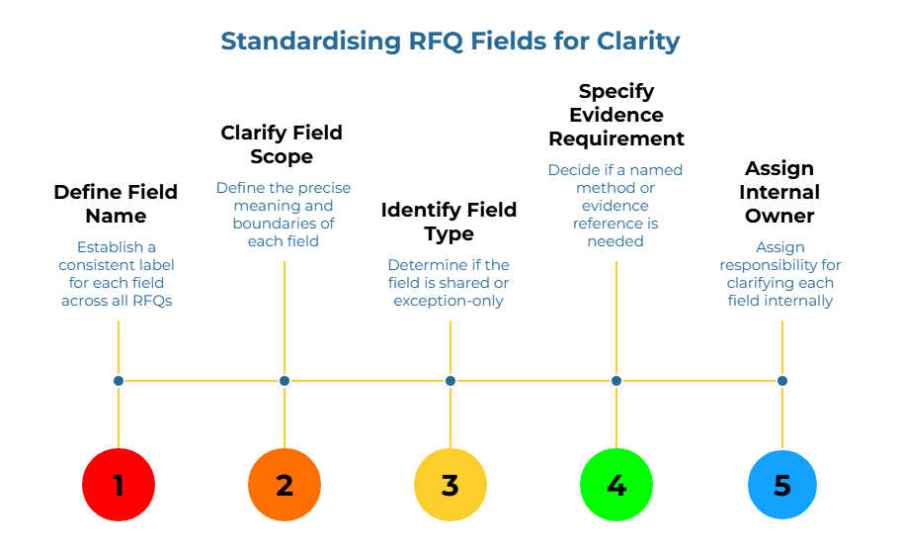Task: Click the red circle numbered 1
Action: (119, 485)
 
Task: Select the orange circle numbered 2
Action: (285, 485)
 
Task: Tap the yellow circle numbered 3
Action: (450, 485)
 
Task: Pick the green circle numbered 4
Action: (616, 485)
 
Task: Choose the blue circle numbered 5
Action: (782, 485)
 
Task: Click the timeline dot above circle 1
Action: (119, 381)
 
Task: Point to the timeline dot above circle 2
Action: (285, 381)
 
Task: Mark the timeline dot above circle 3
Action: (450, 381)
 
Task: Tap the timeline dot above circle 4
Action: (616, 381)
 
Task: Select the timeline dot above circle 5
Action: (782, 381)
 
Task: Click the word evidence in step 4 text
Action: (615, 206)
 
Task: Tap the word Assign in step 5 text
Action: (780, 247)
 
